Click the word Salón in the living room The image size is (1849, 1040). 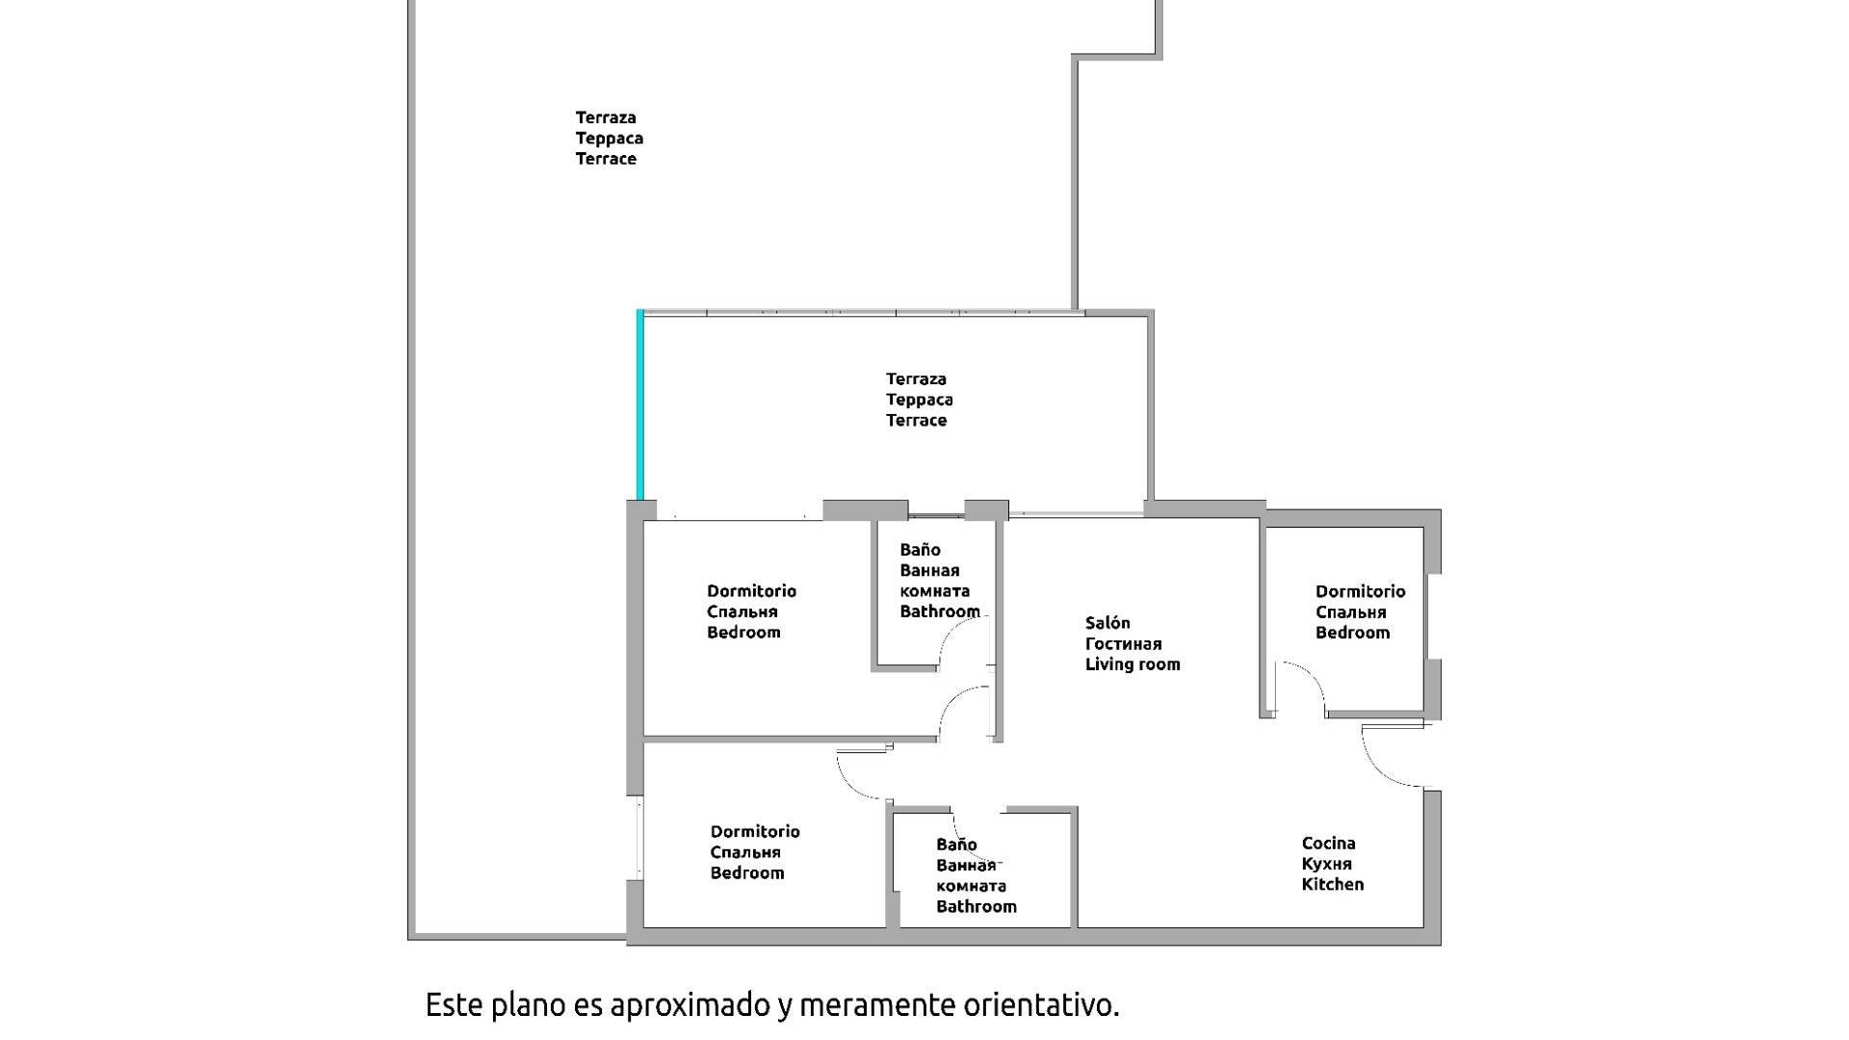pos(1107,623)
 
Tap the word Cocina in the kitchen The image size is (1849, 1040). pos(1328,844)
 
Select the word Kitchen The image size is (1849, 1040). pos(1332,884)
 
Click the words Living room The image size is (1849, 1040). pos(1132,664)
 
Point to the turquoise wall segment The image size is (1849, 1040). pos(639,404)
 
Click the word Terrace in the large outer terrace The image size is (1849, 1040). pos(606,159)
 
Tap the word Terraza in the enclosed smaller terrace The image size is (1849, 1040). pos(916,379)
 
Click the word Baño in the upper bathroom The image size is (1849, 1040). pos(920,550)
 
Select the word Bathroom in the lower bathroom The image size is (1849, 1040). pos(976,906)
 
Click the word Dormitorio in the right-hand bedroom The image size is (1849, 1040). pos(1360,591)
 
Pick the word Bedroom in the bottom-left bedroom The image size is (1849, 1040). pos(746,873)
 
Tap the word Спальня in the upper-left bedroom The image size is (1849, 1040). pos(742,611)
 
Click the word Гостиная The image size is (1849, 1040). pos(1123,644)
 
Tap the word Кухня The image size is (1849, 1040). pos(1326,864)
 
